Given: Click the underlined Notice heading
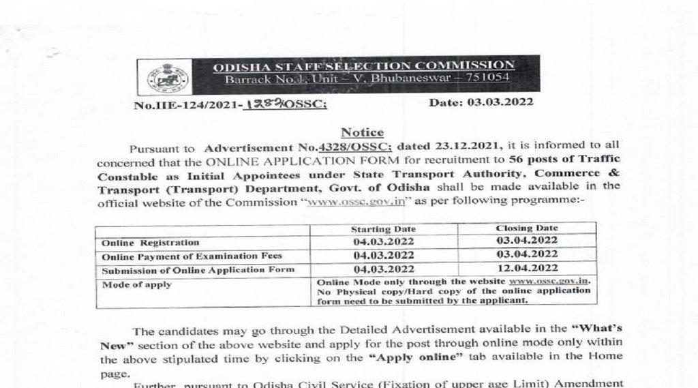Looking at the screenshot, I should pos(362,132).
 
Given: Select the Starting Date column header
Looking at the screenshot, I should pos(383,229).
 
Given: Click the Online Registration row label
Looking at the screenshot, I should pos(150,243).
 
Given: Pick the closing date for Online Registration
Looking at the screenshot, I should pos(529,241).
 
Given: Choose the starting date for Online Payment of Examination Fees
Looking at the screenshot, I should pos(383,256).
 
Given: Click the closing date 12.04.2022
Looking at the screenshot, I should pos(529,269).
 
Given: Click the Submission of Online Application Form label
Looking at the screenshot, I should pos(198,270).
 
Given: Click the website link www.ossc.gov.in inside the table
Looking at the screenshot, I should pos(552,281).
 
